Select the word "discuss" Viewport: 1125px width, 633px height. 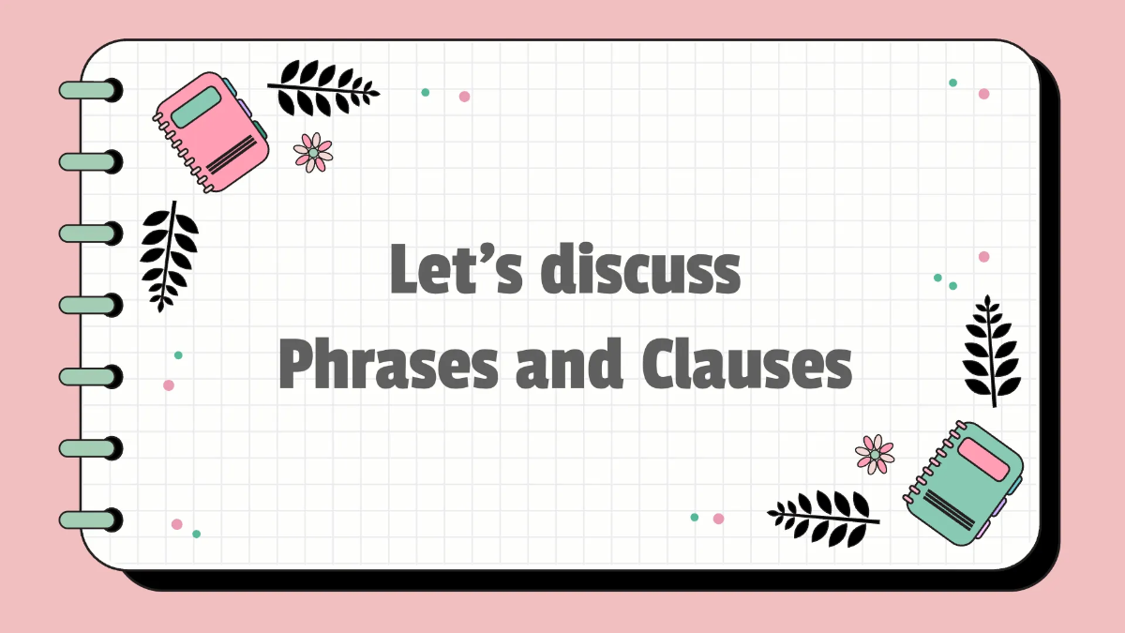(638, 269)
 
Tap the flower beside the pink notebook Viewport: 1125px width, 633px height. (312, 152)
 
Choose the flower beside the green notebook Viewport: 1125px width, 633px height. (875, 454)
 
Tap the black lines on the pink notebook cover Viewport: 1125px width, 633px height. (231, 156)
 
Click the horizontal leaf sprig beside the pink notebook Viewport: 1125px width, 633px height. (323, 88)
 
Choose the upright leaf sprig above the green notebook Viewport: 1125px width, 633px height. (992, 350)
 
